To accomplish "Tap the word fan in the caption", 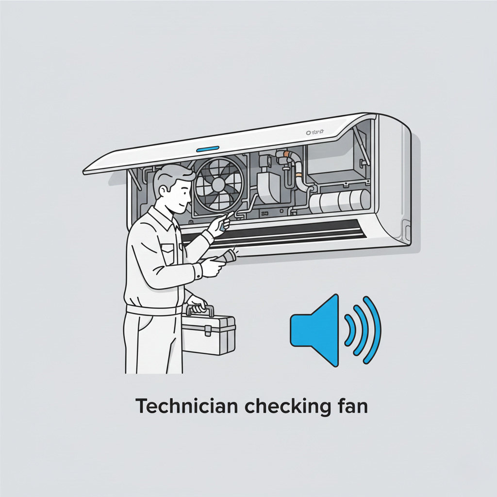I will (351, 406).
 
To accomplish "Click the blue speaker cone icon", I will (316, 330).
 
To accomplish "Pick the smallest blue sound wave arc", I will (349, 330).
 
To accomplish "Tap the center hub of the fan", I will (218, 184).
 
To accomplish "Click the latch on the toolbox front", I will (207, 331).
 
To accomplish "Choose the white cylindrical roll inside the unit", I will (340, 201).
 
